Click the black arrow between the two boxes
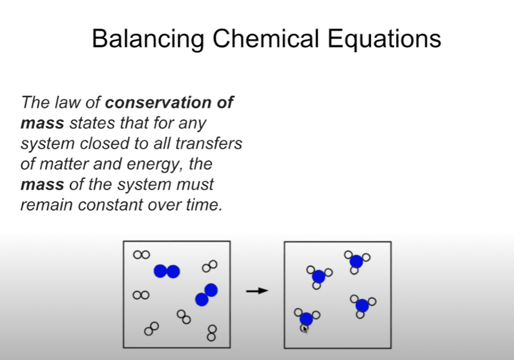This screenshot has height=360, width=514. (x=257, y=291)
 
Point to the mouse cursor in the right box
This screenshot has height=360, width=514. (x=305, y=328)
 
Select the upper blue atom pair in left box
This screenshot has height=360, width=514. (x=166, y=271)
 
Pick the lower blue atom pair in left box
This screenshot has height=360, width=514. (x=206, y=294)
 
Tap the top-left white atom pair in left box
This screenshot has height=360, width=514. (x=141, y=255)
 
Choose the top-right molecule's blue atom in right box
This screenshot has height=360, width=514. (x=356, y=262)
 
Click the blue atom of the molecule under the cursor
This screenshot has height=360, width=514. (x=306, y=319)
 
